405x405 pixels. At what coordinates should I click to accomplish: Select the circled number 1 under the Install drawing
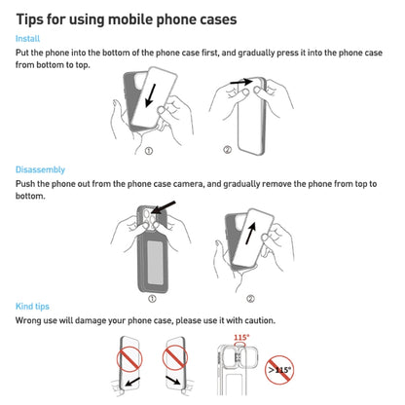point(148,151)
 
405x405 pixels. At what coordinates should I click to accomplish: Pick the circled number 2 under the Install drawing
point(228,151)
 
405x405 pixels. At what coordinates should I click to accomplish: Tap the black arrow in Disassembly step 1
point(162,209)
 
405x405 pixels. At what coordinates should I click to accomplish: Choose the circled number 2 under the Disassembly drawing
point(251,299)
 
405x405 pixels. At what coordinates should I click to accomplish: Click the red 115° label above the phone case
point(241,338)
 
